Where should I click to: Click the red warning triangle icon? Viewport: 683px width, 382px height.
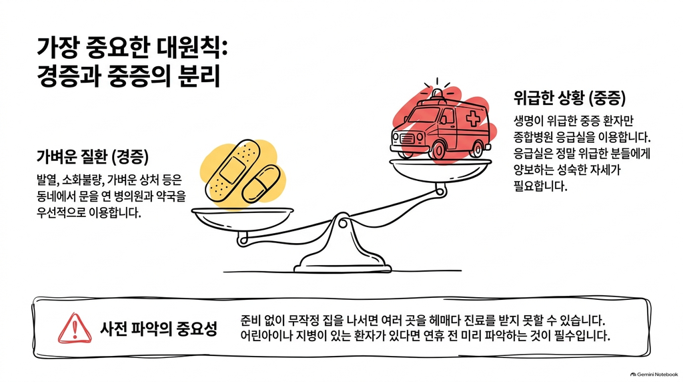point(75,328)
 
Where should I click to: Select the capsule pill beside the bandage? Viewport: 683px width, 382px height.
point(261,183)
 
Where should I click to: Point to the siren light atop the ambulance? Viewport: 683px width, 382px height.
point(437,93)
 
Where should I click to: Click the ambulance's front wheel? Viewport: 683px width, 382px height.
point(437,150)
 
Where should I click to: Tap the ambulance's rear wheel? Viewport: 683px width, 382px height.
point(476,149)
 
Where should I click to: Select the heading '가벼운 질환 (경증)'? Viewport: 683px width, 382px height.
point(92,156)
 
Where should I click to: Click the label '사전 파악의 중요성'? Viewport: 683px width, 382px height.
point(159,329)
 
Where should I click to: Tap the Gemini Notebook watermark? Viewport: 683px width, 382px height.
point(654,374)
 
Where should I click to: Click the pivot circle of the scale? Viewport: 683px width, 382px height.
point(344,224)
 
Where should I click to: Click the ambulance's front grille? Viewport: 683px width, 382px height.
point(408,138)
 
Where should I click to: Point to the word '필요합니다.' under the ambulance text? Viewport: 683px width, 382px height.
point(540,186)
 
